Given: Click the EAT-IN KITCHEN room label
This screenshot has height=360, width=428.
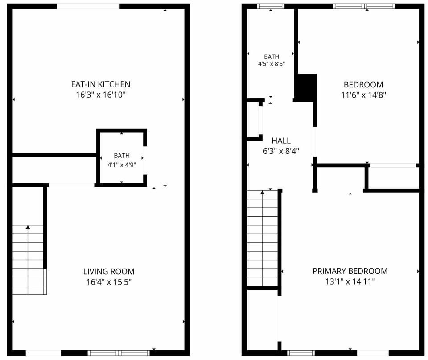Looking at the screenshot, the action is (100, 84).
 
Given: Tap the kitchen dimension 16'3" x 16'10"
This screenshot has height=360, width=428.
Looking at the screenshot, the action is (100, 95).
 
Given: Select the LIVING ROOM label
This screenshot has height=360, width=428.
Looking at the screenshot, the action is (109, 272).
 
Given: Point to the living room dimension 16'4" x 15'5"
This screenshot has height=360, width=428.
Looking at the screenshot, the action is (109, 281).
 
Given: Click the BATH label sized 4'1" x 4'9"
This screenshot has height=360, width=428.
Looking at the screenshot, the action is (122, 156).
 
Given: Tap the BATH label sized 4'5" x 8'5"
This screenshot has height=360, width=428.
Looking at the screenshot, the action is (272, 57).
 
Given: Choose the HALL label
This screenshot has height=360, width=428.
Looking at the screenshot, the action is (281, 141).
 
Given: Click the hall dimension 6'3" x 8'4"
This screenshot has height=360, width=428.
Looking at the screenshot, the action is (281, 151).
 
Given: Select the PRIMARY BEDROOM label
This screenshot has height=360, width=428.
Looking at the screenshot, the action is (350, 271).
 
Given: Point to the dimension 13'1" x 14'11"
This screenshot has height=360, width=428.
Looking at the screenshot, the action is (350, 281).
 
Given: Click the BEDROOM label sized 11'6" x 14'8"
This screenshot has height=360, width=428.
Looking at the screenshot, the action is (363, 85).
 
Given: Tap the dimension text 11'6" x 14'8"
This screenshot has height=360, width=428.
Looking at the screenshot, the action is (363, 95).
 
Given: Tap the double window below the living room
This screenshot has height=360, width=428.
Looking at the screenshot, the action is (119, 352).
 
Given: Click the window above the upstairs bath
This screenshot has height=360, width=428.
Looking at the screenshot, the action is (271, 6).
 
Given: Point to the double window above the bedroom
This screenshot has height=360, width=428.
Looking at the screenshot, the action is (364, 6).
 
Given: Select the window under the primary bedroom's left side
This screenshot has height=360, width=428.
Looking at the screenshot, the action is (301, 353).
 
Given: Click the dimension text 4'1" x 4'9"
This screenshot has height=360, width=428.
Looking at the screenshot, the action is (122, 165).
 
